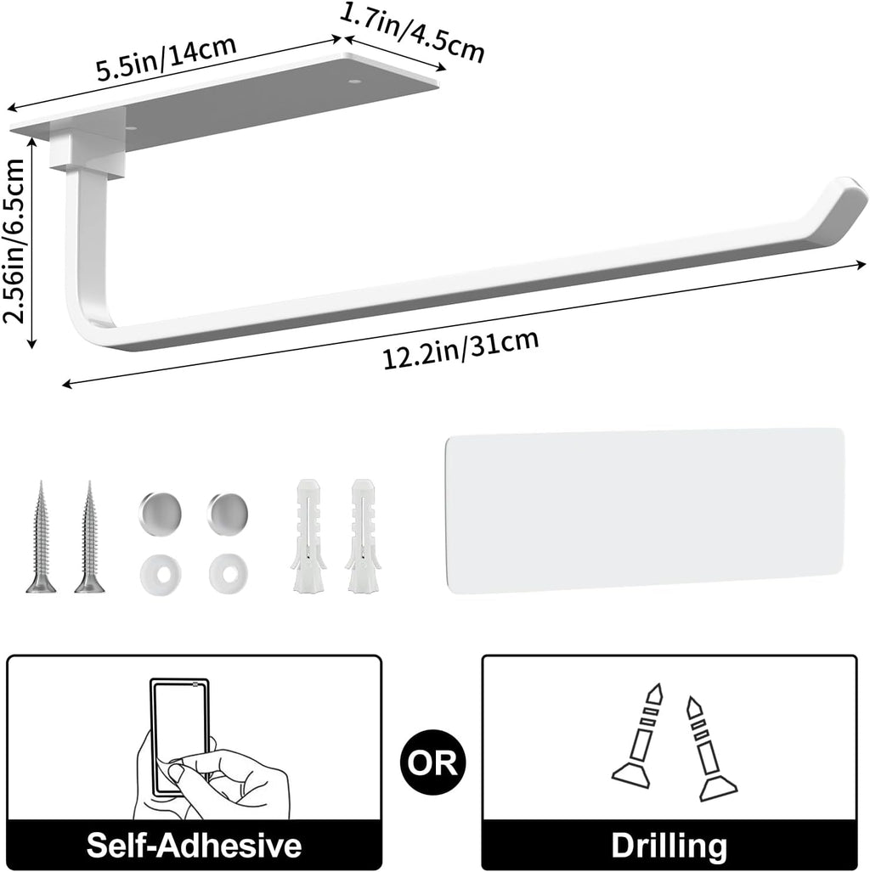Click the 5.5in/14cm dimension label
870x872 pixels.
[166, 59]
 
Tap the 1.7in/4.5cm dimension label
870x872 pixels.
[412, 33]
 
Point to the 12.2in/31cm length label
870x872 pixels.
[460, 349]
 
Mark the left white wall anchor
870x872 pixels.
[308, 536]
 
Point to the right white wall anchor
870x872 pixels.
[363, 536]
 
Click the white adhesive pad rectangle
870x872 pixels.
[645, 510]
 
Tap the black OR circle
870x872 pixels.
[431, 762]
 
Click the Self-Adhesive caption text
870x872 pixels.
[194, 845]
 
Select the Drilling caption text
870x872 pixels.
[669, 846]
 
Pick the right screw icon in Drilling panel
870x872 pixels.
[709, 748]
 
